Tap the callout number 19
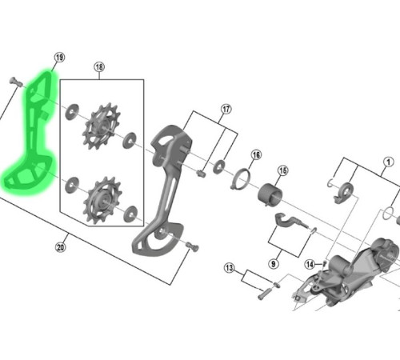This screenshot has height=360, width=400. pos(58,58)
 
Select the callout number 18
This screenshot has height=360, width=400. pos(99,67)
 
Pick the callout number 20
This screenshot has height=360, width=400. pos(60,247)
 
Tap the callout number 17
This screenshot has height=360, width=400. pos(226,109)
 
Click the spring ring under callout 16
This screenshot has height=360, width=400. pos(241,181)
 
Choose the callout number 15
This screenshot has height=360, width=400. pos(282,170)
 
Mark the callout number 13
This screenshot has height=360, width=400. pos(230,268)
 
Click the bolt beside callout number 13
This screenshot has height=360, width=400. pos(264,293)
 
